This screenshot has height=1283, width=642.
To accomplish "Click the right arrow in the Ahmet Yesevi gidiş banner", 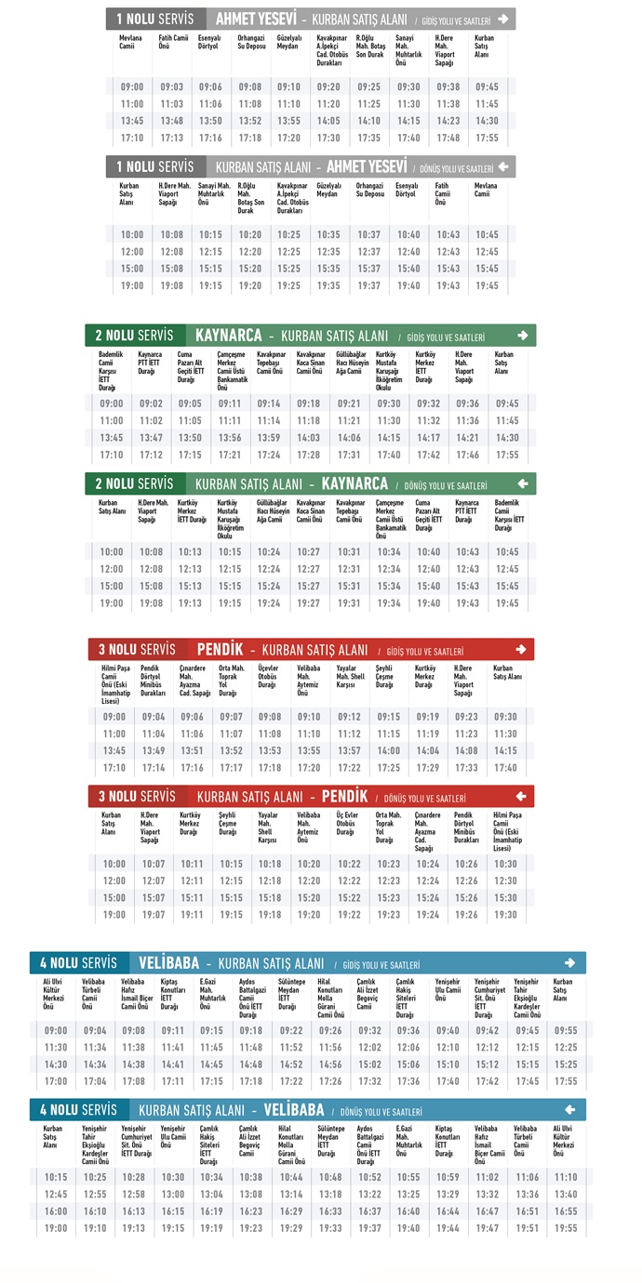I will tap(503, 19).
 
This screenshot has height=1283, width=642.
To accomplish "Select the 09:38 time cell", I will tap(448, 86).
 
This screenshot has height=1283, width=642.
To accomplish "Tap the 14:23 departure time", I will tap(448, 121).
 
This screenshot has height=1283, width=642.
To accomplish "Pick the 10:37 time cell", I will tap(368, 234).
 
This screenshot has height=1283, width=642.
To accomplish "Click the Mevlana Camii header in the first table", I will tap(131, 41).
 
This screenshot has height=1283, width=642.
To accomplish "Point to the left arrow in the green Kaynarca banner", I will tap(523, 483).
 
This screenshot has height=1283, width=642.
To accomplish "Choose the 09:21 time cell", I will tap(349, 403).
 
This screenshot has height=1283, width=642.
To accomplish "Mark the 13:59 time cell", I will tap(269, 438).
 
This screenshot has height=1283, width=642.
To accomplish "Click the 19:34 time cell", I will tap(389, 603).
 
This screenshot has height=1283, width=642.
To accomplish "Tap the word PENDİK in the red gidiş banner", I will tap(220, 649).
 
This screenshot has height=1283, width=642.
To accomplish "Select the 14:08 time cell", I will tap(465, 751).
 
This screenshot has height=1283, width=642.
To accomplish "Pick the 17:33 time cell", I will tap(465, 768).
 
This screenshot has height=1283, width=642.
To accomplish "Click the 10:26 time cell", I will tap(466, 864).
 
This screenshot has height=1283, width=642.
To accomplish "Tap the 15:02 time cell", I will tap(370, 1065).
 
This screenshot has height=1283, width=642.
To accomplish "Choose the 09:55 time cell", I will tap(566, 1030).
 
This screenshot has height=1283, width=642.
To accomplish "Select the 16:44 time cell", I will tap(448, 1211).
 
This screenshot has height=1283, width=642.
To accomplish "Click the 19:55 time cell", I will tap(566, 1228).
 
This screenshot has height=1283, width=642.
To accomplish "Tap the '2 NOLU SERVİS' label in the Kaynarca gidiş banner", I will tap(134, 335).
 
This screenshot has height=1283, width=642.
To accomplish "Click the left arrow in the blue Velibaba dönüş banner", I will tap(570, 1109).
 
